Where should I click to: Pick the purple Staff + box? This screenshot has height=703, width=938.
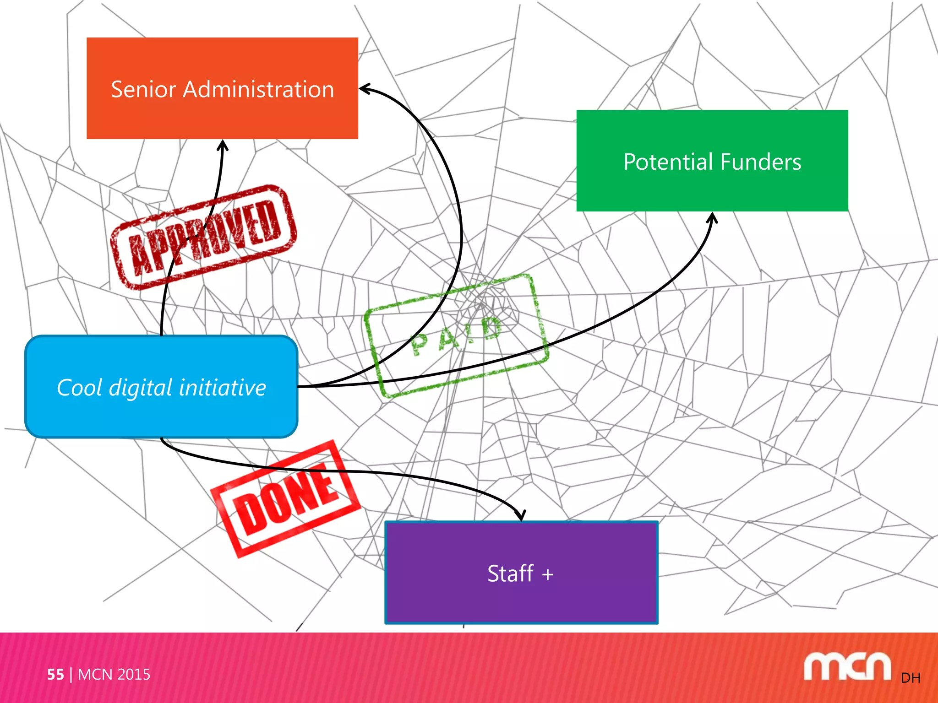pos(521,600)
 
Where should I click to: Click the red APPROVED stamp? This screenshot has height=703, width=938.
pos(204,237)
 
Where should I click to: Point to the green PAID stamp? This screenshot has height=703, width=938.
pos(456,336)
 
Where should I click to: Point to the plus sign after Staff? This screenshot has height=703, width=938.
pos(548,574)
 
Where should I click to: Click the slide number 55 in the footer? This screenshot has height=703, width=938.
pos(55,674)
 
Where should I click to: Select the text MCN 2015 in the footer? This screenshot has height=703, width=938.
pos(114,674)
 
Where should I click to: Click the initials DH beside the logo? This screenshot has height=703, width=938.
pos(911,678)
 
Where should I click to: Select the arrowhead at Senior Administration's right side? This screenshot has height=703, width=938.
pos(365,88)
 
